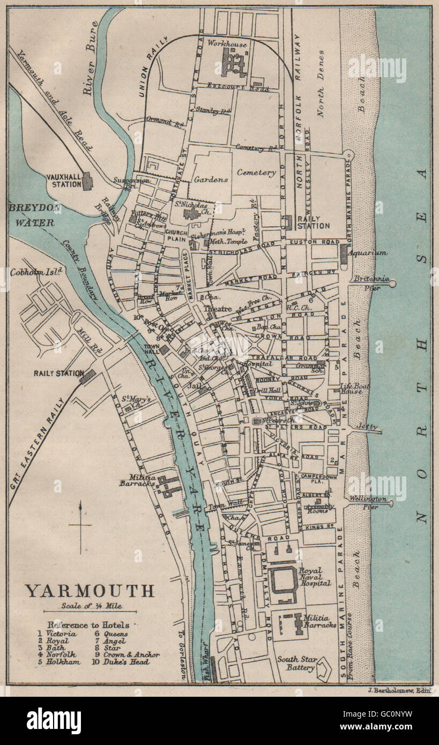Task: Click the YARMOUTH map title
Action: [x=90, y=591]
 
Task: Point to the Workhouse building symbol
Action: [x=234, y=63]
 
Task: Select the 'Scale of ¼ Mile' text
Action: [x=90, y=607]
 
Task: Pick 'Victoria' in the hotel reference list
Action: [x=61, y=634]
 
